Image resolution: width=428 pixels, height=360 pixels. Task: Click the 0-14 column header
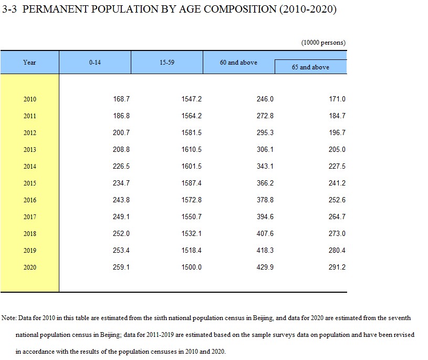tap(95, 63)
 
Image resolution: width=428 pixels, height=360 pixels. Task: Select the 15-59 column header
tap(167, 63)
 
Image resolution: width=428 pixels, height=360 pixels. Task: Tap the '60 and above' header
tap(238, 63)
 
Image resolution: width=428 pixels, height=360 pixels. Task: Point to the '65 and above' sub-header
tap(310, 67)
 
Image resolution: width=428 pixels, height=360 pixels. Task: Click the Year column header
tap(29, 63)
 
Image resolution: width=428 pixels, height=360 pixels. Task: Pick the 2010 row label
tap(30, 99)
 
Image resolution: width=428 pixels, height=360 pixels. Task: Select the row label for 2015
tap(30, 183)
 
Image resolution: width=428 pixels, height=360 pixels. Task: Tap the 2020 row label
tap(30, 268)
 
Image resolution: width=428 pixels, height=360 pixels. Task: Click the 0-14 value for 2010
tap(121, 99)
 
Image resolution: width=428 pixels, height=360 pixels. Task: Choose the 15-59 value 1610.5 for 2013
tap(191, 149)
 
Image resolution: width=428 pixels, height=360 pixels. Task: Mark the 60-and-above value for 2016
tap(265, 200)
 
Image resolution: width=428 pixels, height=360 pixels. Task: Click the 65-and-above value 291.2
tap(337, 267)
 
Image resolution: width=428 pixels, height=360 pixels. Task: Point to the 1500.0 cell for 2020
tap(191, 267)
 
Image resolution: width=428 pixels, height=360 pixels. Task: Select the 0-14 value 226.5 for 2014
tap(121, 167)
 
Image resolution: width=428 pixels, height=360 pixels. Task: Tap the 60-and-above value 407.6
tap(265, 233)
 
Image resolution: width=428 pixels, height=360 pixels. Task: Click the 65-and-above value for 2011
tap(337, 116)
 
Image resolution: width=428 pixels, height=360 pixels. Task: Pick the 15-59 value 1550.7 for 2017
tap(191, 217)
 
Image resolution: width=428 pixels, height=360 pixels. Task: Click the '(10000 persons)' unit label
tap(323, 43)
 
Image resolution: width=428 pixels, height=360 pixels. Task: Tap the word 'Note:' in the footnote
tap(9, 318)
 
